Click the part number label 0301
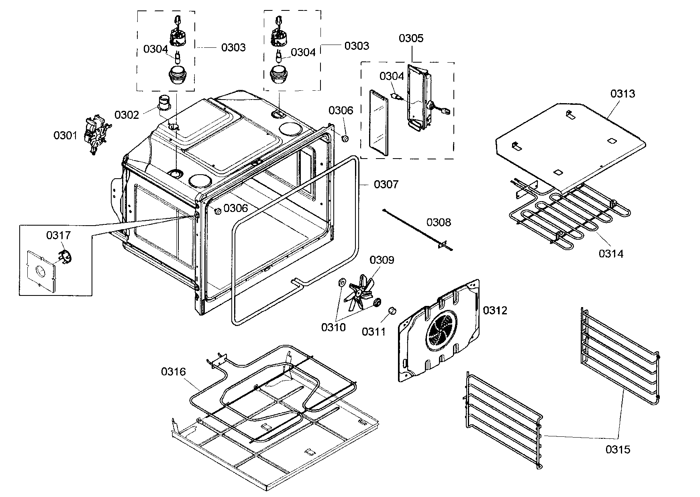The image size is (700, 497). [65, 136]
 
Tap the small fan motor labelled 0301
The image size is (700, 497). [95, 135]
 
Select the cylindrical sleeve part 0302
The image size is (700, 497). [164, 103]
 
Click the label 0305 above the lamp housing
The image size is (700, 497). [411, 39]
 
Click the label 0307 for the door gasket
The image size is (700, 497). [386, 185]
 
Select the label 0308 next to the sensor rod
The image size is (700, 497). [439, 222]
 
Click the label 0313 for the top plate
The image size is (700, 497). [623, 94]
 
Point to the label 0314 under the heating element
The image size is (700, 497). [611, 254]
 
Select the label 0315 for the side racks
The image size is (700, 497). [618, 450]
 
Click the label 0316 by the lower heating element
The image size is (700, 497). [173, 372]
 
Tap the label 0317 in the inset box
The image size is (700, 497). [58, 236]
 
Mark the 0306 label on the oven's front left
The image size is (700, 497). [236, 208]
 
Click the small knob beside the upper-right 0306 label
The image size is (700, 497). [344, 139]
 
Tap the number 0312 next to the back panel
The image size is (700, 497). [495, 310]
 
